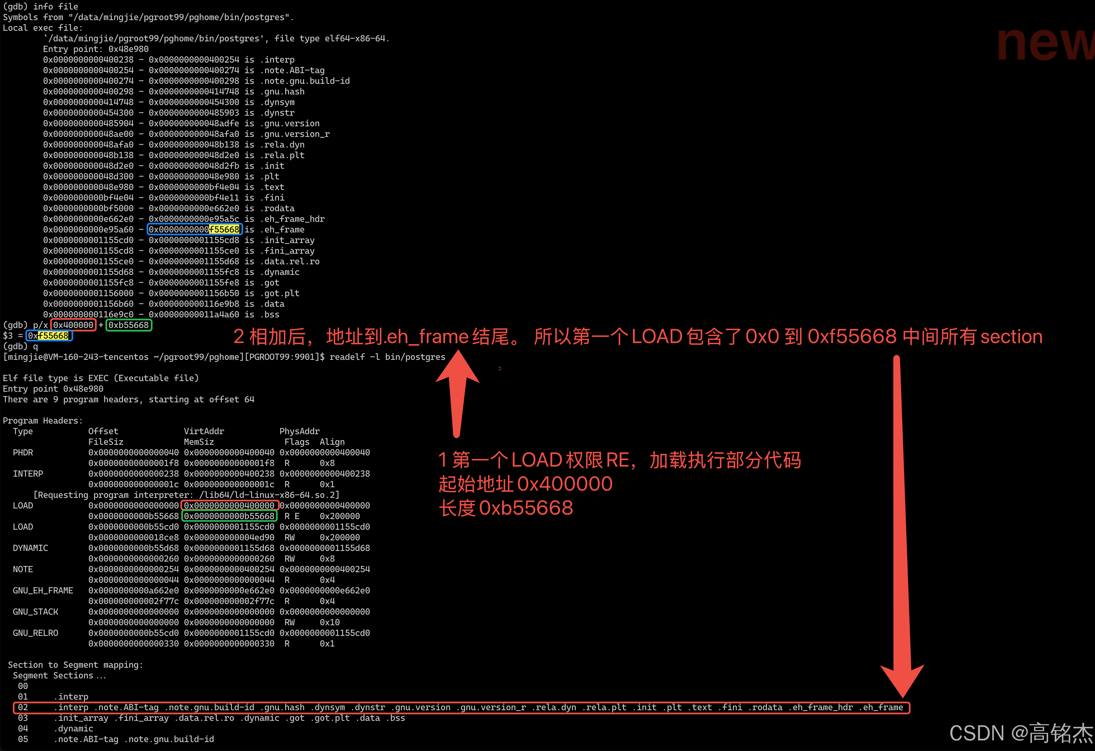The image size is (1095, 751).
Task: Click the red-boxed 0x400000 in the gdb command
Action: pos(73,325)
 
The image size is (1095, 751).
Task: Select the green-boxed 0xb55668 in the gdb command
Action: pos(129,325)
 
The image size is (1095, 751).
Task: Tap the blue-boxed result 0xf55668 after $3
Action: pos(49,336)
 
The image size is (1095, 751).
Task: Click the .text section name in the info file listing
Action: pos(274,187)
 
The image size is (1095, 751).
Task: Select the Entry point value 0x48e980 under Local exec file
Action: pos(128,49)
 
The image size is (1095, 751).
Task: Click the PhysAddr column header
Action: pos(299,431)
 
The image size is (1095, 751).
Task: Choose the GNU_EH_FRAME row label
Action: pos(43,590)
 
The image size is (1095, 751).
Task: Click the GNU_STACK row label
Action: pos(35,612)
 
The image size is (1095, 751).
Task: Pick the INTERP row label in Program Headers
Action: pos(28,474)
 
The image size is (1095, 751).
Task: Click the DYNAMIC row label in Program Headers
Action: pos(30,548)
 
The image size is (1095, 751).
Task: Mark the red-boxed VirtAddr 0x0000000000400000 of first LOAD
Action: pos(229,505)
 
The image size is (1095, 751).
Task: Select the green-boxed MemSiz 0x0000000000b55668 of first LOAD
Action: pos(229,516)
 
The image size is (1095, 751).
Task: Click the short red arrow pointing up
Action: pos(457,391)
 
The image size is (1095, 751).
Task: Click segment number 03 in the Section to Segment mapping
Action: pos(23,718)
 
